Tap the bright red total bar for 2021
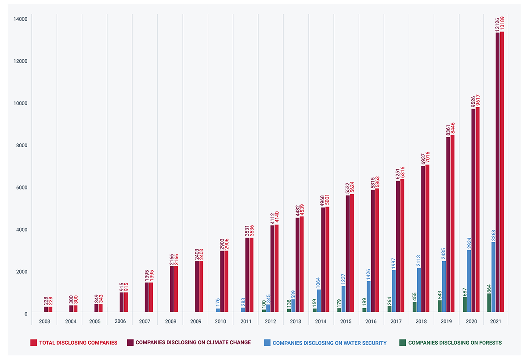502,171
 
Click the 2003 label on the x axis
44,321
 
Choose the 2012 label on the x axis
271,321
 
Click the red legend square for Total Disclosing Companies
33,342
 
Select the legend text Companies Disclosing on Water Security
329,342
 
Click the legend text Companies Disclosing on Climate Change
193,342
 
